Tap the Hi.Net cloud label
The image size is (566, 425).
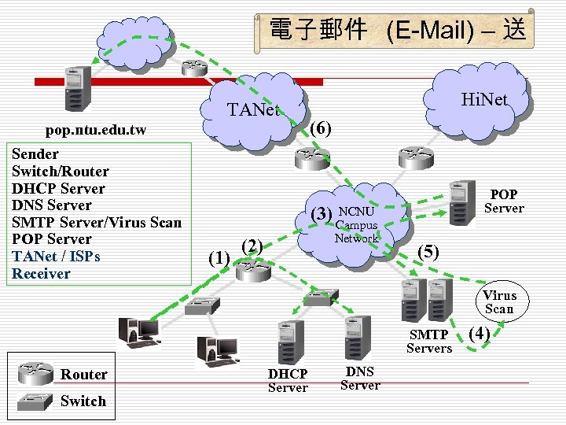click(484, 99)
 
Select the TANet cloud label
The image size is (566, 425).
click(253, 109)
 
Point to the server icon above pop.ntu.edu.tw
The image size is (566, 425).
click(77, 88)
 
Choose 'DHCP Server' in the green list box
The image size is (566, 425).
click(58, 189)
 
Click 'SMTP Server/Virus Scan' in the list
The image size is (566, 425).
click(96, 223)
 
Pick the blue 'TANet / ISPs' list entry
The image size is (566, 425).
click(56, 257)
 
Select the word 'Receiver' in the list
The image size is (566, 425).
click(41, 274)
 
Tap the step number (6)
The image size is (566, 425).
click(320, 128)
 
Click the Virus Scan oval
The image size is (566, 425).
click(499, 302)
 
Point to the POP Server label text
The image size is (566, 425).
click(504, 201)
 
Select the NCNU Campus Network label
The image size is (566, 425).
click(358, 224)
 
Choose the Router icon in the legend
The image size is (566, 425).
click(35, 372)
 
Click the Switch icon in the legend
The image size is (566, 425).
click(35, 401)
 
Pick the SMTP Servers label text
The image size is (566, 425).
click(429, 342)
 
